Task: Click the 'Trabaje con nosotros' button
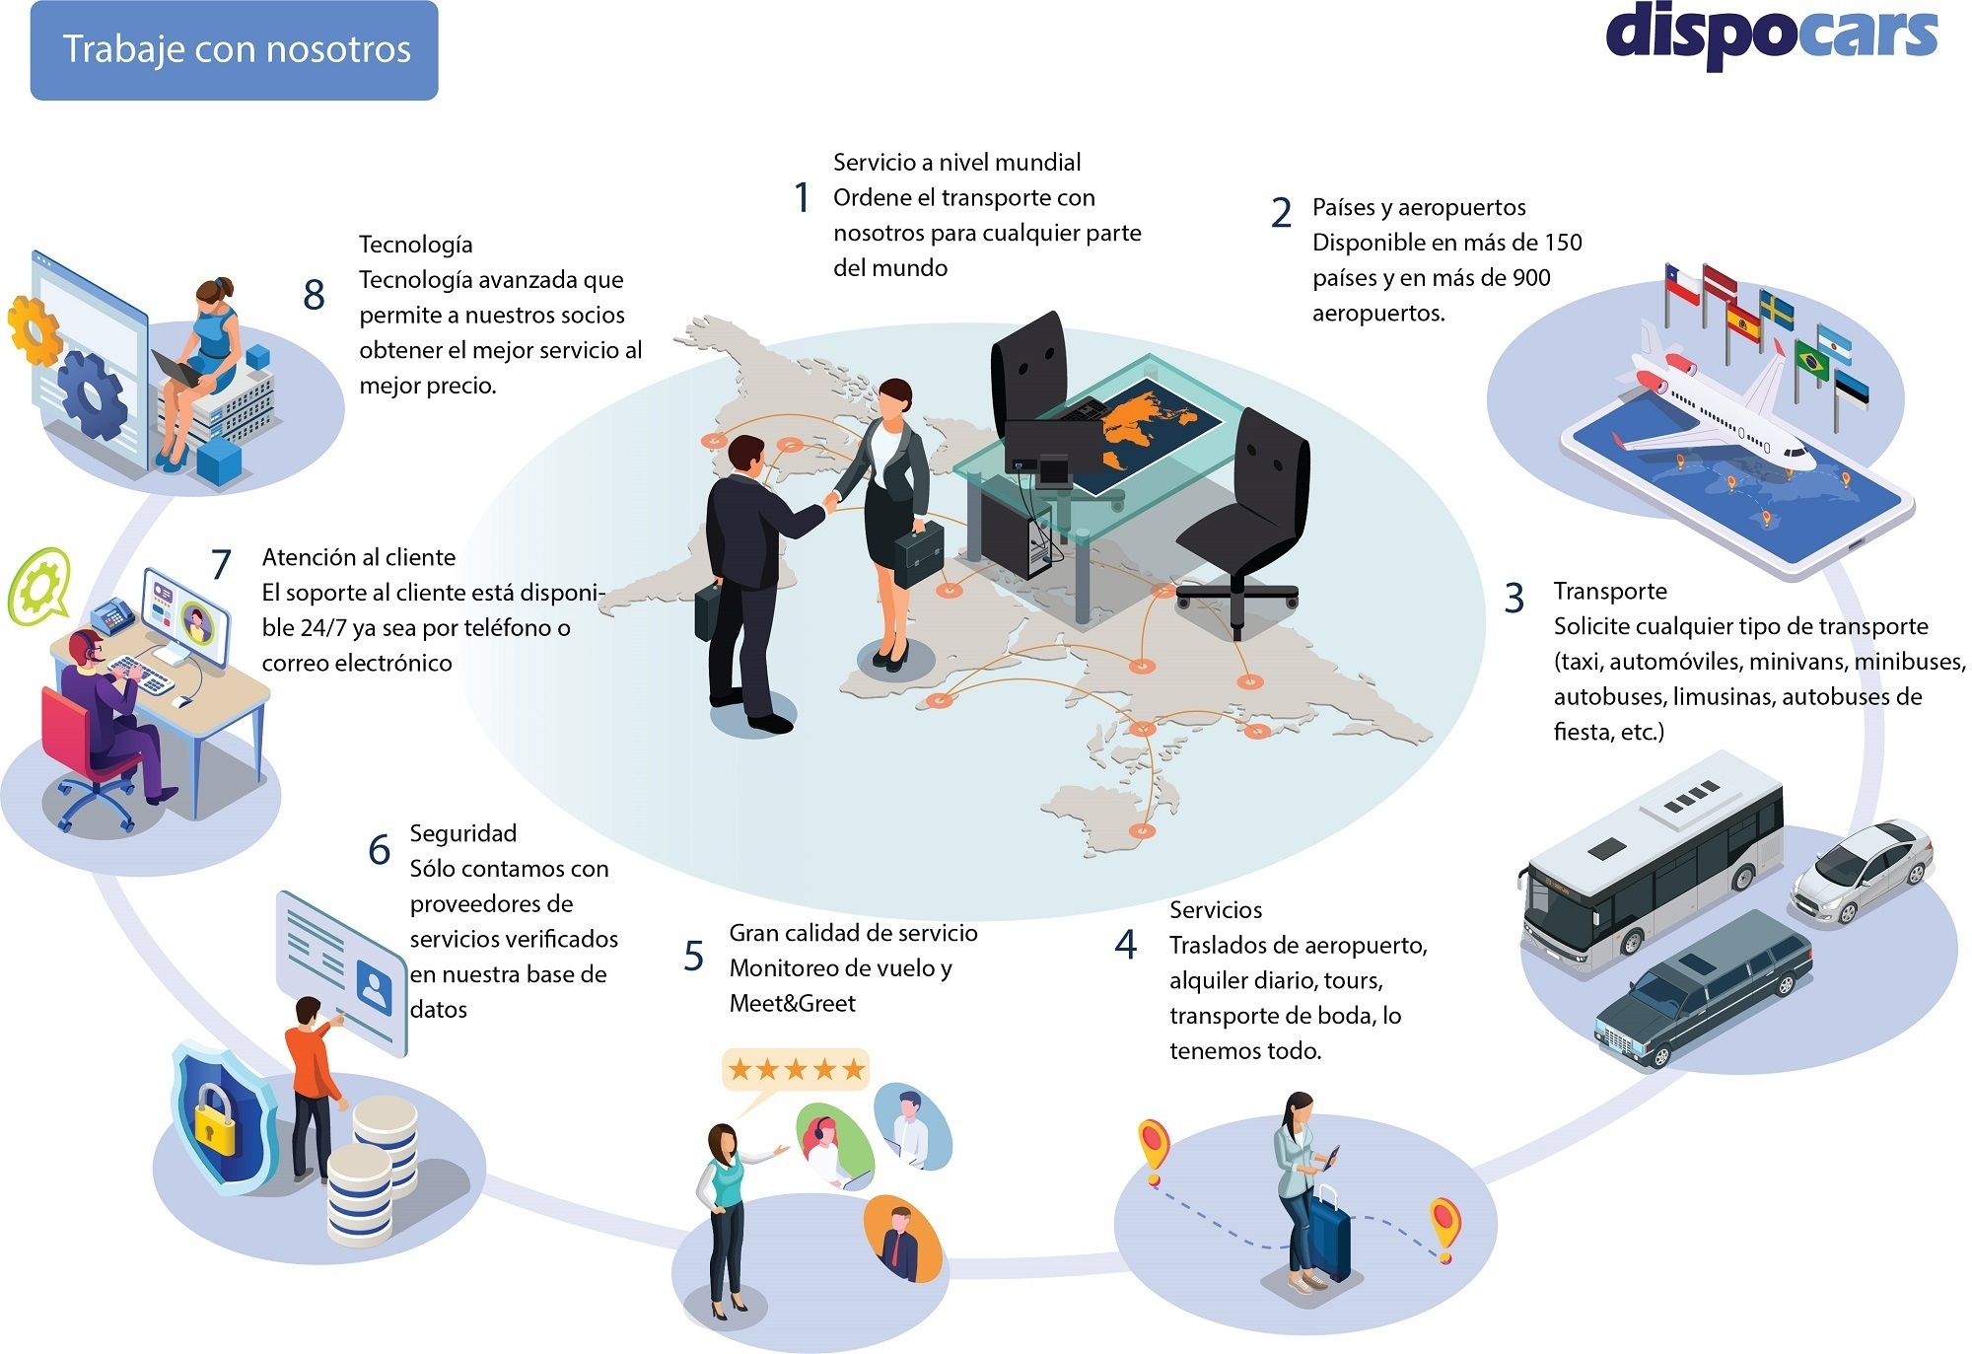[235, 50]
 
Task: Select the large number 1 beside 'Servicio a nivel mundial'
[803, 197]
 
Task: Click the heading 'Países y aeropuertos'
[1419, 207]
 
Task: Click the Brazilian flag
[1811, 359]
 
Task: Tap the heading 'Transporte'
[1610, 591]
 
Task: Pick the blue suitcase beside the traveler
[1327, 1238]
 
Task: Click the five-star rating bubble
[795, 1068]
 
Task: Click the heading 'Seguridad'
[462, 833]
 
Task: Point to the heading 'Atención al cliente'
[359, 557]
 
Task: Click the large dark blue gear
[92, 395]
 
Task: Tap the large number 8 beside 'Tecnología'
[314, 294]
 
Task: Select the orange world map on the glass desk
[1144, 419]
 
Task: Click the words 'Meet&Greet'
[792, 1003]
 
